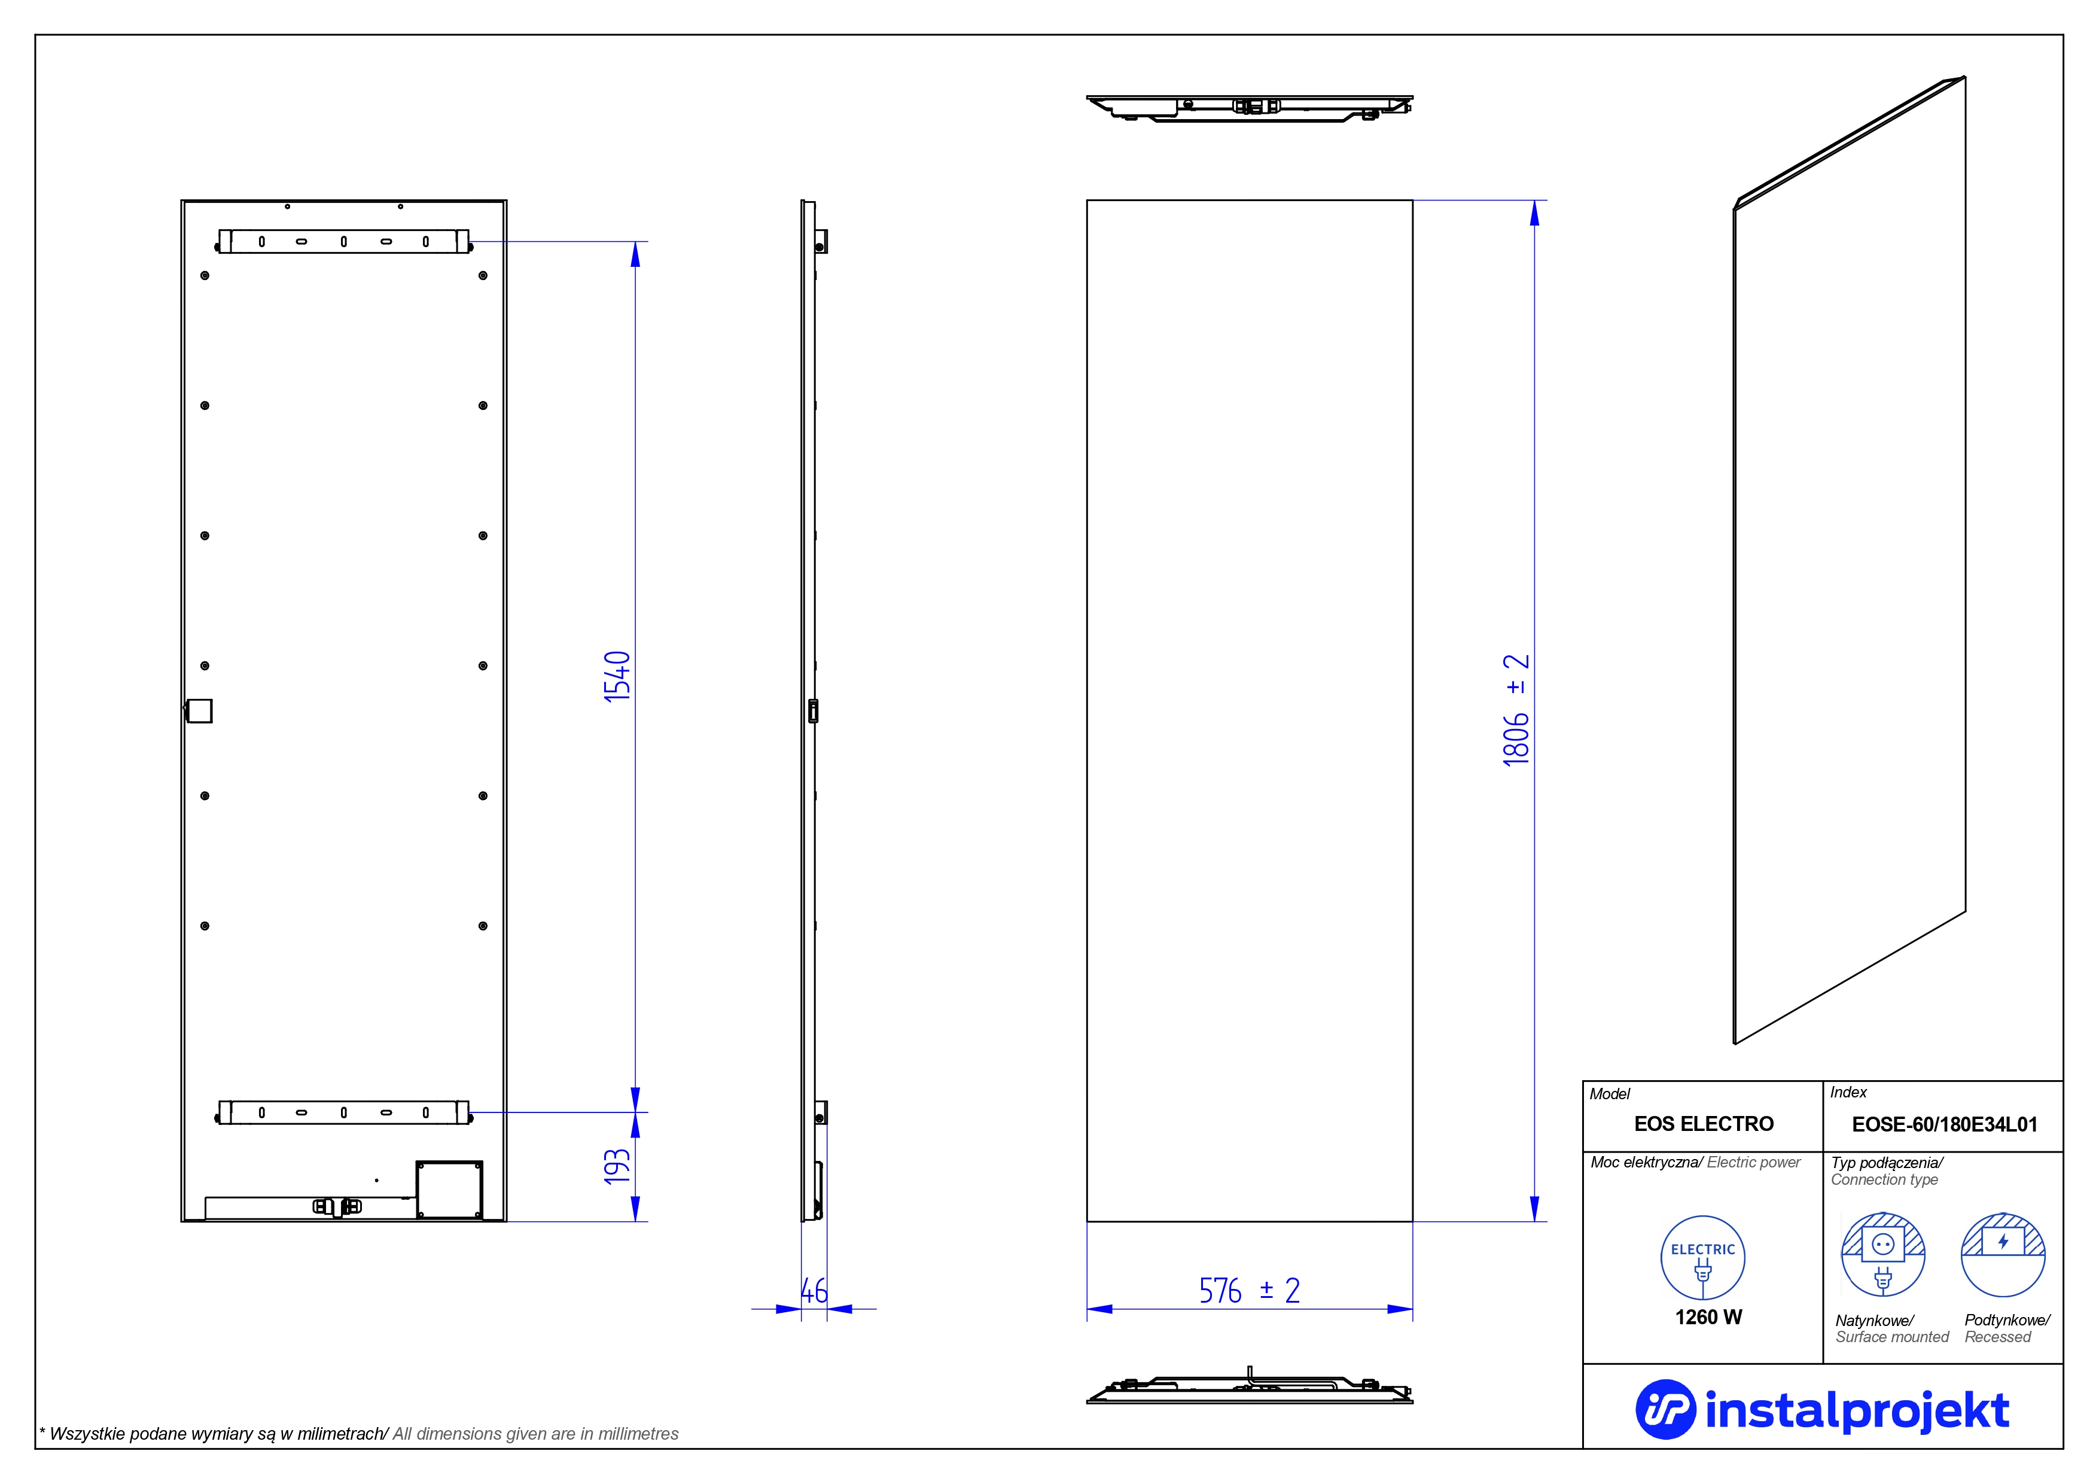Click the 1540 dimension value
(x=618, y=677)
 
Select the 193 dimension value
(x=618, y=1167)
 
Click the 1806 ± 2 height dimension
(x=1516, y=710)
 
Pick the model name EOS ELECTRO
(x=1704, y=1124)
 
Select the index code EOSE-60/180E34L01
(x=1945, y=1124)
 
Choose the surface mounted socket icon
(x=1883, y=1254)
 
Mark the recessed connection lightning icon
(x=2003, y=1254)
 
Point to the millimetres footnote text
(x=358, y=1434)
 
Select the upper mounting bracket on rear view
(x=344, y=241)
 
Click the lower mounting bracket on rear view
(x=344, y=1113)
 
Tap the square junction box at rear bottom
(x=449, y=1190)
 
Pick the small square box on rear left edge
(x=199, y=710)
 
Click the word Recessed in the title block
(x=1997, y=1337)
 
